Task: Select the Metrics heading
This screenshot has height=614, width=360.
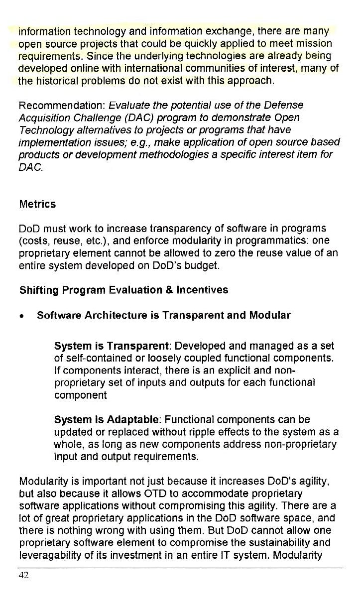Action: point(37,204)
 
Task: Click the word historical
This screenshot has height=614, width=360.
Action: point(60,80)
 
